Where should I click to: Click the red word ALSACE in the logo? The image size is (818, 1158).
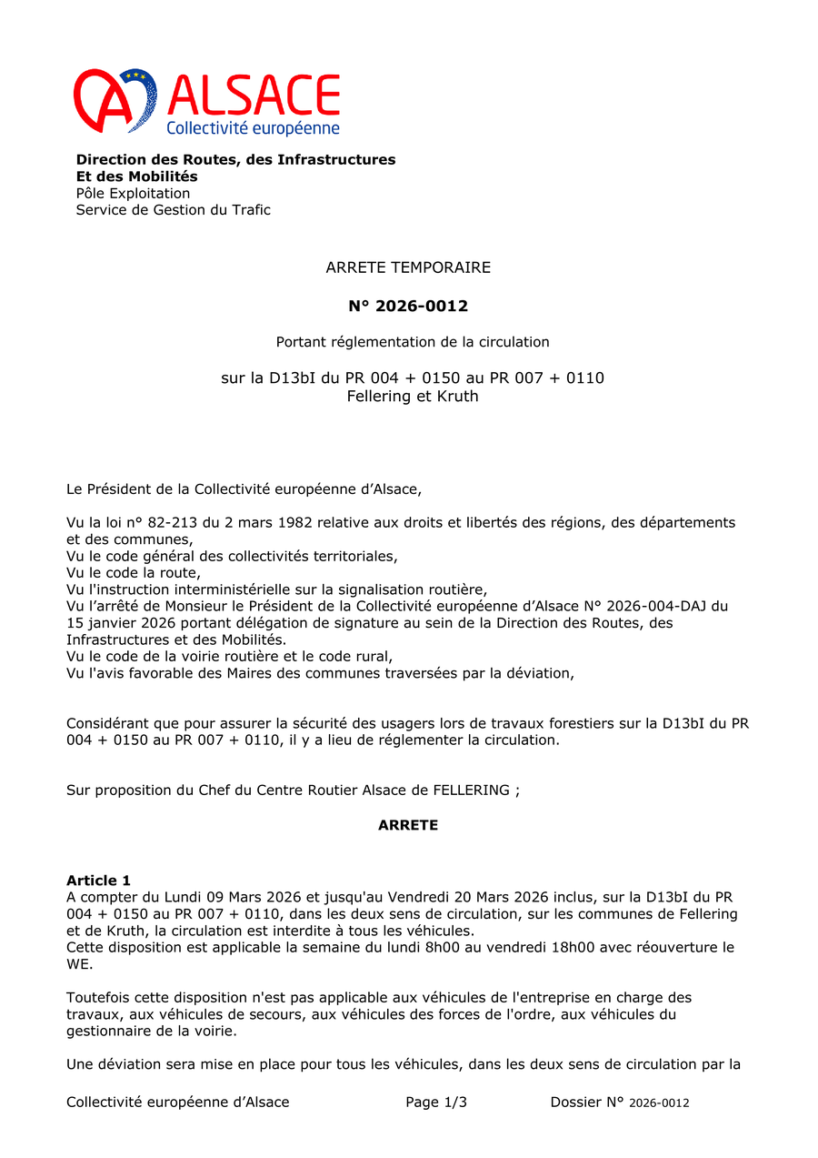(254, 95)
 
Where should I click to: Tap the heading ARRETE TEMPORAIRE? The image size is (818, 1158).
(408, 267)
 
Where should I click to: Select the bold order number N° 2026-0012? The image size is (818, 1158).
(408, 306)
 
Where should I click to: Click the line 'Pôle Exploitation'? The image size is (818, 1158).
(133, 193)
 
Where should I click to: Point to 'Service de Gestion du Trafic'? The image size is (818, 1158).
(173, 210)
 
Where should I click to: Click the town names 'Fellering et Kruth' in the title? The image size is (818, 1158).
(412, 397)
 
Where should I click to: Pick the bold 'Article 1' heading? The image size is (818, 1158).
(98, 881)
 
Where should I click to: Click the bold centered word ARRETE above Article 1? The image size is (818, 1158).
(408, 825)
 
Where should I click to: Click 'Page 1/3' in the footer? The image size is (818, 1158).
(436, 1103)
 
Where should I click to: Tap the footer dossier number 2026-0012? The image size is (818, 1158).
(659, 1103)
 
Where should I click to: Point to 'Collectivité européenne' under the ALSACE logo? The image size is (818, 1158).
(253, 128)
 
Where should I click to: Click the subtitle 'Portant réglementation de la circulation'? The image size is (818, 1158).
(413, 342)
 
